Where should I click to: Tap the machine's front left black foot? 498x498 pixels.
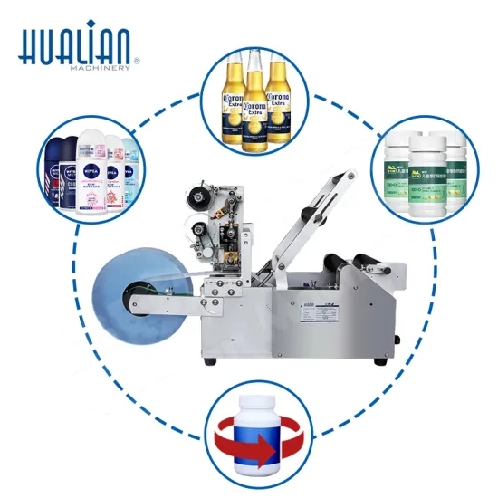[210, 361]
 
